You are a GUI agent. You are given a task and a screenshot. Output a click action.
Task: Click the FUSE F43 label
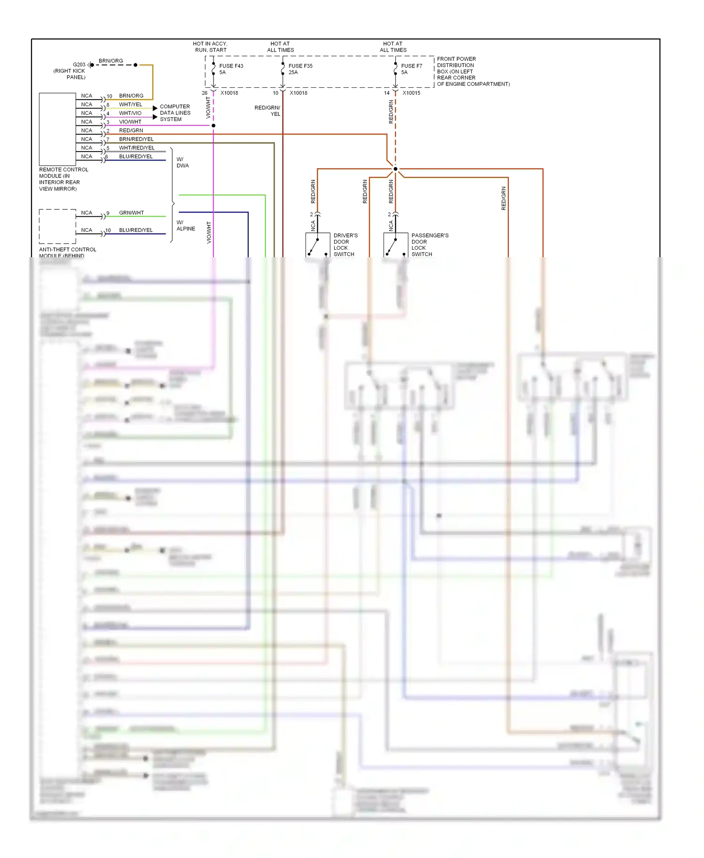(x=230, y=66)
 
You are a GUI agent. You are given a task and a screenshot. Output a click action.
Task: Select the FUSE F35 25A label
(x=300, y=69)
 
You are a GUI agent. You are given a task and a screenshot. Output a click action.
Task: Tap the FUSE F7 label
(x=411, y=66)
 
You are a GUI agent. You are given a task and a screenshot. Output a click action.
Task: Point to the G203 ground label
(x=79, y=65)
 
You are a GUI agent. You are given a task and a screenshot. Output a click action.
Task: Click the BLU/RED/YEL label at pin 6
(x=136, y=157)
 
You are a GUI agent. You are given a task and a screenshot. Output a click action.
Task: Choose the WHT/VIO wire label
(x=130, y=113)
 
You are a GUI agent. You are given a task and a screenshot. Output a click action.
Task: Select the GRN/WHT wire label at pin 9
(x=131, y=213)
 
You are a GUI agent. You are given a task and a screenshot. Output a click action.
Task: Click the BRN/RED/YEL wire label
(x=136, y=139)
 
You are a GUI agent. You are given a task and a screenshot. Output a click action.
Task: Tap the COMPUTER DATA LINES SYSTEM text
(x=175, y=113)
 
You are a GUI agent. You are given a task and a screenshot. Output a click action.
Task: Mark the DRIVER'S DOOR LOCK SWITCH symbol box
(x=318, y=245)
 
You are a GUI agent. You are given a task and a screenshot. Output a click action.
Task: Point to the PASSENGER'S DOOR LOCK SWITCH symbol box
(x=396, y=245)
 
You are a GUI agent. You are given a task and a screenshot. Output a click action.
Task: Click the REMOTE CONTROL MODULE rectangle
(x=57, y=129)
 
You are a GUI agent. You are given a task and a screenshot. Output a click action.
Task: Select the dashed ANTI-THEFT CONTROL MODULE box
(x=57, y=226)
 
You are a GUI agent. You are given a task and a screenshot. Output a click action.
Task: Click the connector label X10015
(x=411, y=93)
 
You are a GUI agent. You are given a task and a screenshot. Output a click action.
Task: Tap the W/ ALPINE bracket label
(x=185, y=226)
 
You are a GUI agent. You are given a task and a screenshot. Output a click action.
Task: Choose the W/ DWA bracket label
(x=183, y=162)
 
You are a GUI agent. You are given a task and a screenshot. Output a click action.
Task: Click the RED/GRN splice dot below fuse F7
(x=395, y=169)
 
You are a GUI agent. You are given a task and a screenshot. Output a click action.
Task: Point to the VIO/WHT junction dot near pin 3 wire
(x=214, y=126)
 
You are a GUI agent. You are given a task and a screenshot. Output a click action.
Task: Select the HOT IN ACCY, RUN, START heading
(x=210, y=47)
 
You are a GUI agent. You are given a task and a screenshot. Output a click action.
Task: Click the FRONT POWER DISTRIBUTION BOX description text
(x=473, y=72)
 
